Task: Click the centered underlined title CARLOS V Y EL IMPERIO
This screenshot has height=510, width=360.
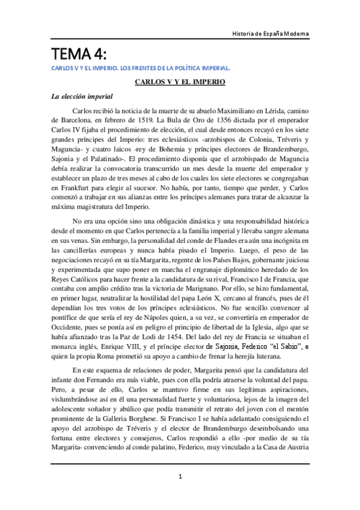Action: pyautogui.click(x=180, y=81)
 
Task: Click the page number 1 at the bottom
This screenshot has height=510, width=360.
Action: pyautogui.click(x=180, y=478)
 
